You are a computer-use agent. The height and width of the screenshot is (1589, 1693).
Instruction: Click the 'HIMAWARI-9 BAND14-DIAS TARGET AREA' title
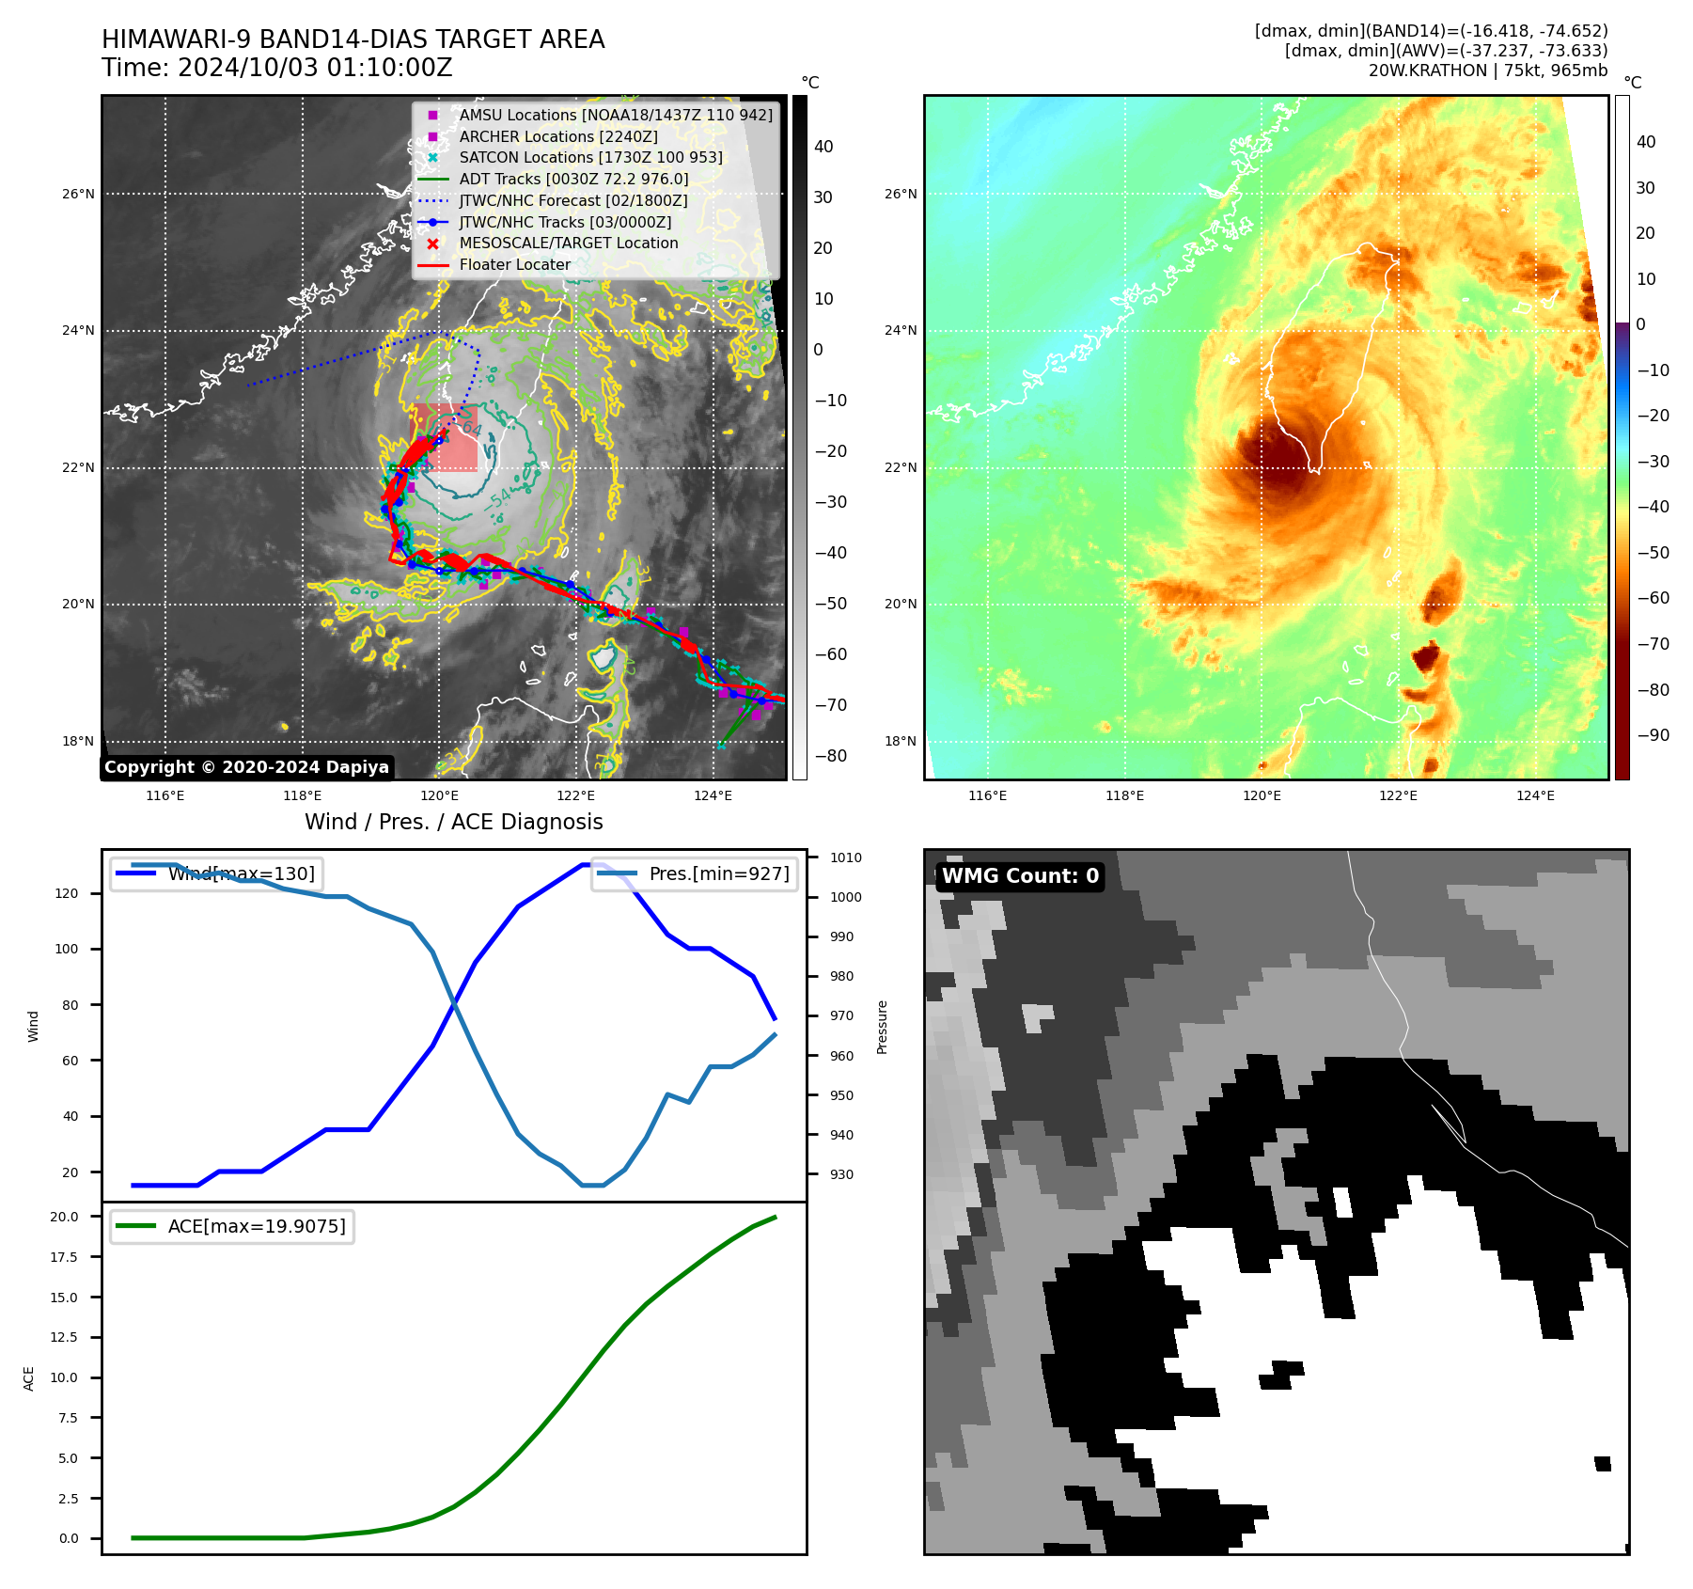(x=353, y=39)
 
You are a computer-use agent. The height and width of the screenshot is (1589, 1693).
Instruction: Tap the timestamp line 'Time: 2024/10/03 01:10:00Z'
(x=277, y=69)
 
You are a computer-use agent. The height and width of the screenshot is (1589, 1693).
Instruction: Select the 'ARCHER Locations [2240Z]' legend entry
(x=557, y=136)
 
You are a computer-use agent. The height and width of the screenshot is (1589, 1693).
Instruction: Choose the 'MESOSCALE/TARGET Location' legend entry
(x=568, y=244)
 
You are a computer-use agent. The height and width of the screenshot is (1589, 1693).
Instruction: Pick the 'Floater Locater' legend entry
(x=514, y=265)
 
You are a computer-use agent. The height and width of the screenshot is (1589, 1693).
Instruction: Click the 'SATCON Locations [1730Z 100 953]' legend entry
(x=590, y=158)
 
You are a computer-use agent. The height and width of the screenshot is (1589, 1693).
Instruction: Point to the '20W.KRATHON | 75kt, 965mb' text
(x=1487, y=71)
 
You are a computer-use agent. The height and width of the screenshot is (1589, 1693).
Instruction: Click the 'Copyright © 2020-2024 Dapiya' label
(x=246, y=767)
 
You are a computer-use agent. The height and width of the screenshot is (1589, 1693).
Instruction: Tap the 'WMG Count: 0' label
(x=1020, y=876)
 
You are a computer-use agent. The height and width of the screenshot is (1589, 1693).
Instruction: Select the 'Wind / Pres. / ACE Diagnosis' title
(x=453, y=822)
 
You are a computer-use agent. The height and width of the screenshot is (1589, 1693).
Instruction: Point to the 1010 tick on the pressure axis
(x=845, y=857)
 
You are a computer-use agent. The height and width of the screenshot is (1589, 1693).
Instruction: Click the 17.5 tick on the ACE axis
(x=64, y=1257)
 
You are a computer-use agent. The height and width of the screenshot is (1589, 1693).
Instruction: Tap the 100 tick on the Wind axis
(x=67, y=949)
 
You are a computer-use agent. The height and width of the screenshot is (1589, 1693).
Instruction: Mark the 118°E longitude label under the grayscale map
(x=303, y=796)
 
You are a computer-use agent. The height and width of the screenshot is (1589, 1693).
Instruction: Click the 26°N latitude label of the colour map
(x=901, y=195)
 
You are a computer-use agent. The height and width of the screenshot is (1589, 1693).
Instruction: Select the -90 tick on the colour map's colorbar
(x=1653, y=735)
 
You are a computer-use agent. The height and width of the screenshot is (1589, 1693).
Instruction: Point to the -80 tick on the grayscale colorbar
(x=830, y=756)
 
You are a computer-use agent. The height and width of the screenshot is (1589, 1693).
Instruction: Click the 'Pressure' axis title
(x=883, y=1027)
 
